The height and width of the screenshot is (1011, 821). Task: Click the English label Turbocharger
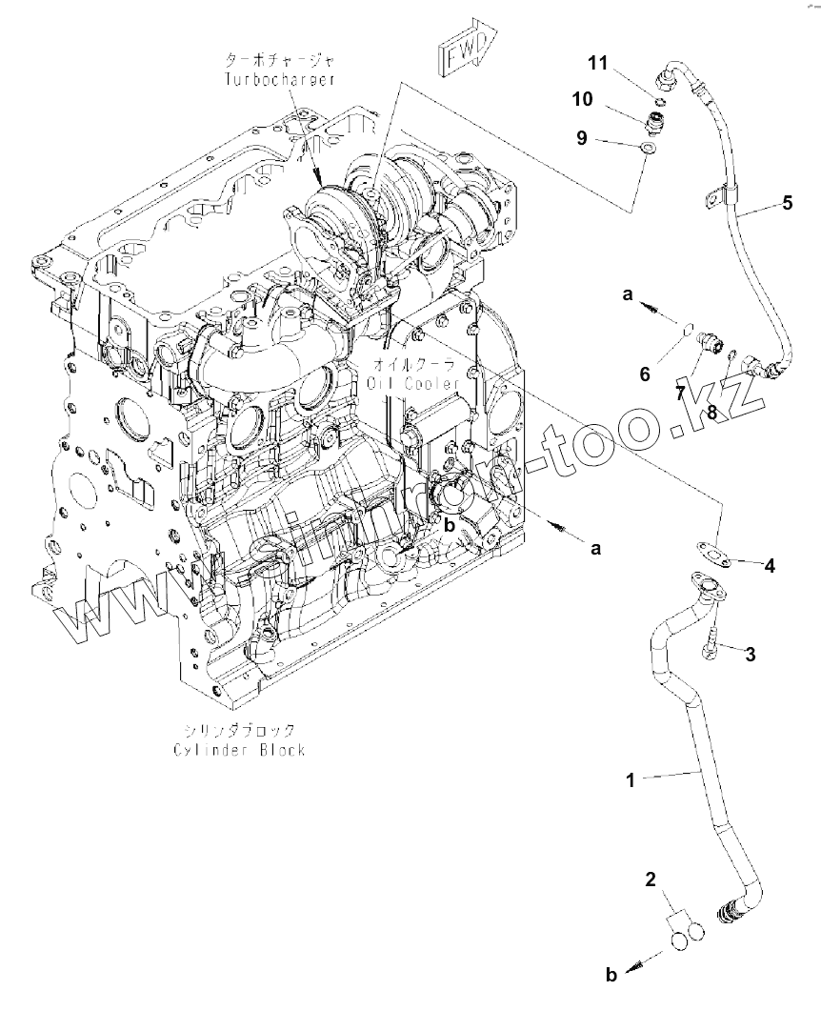(x=279, y=80)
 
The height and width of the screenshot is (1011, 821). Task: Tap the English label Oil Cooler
(x=410, y=382)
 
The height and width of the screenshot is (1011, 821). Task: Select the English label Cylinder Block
(x=239, y=749)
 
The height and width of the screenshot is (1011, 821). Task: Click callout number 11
(x=597, y=64)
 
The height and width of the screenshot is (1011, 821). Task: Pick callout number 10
(x=582, y=99)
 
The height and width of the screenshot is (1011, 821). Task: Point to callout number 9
(x=581, y=138)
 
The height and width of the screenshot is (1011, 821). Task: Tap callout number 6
(x=645, y=374)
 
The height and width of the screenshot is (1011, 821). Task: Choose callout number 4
(x=769, y=565)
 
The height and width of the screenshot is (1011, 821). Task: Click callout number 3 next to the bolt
(x=750, y=654)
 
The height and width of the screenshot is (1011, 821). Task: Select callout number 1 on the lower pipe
(x=630, y=779)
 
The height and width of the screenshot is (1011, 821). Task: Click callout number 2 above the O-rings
(x=651, y=880)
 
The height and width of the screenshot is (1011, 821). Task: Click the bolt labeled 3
(x=711, y=643)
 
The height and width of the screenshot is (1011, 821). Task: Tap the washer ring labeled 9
(x=648, y=149)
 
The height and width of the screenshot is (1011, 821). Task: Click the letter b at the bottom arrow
(x=611, y=974)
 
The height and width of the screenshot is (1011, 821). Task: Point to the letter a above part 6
(x=628, y=295)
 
